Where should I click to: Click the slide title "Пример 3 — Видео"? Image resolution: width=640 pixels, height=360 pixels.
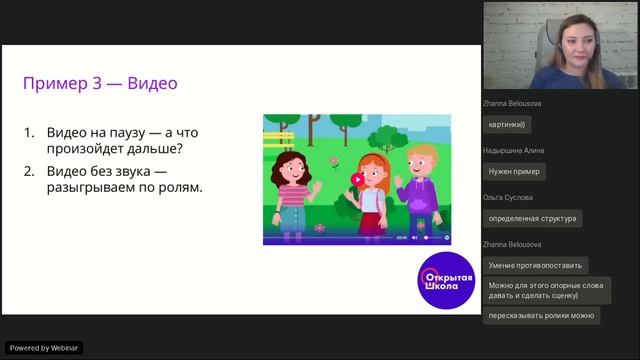coord(107,83)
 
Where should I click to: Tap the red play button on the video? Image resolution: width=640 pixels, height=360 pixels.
coord(358,179)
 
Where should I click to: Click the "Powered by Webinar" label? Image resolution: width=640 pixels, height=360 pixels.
coord(45,348)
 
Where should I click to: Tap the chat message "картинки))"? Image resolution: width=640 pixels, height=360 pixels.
coord(509,125)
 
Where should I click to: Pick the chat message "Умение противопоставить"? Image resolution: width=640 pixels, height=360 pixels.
coord(535,265)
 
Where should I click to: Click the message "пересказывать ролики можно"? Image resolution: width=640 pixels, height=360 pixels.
coord(541,316)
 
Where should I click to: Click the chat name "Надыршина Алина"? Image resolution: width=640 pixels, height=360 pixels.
coord(513,150)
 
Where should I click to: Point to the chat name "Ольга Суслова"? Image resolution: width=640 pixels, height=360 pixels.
coord(507,197)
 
